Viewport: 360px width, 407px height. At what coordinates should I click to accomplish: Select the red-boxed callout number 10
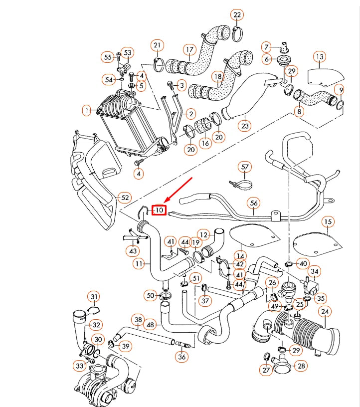point(159,210)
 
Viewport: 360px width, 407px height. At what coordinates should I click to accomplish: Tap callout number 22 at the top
point(237,15)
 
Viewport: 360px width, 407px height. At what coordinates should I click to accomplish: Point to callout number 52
point(125,198)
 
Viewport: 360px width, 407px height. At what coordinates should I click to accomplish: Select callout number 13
point(320,56)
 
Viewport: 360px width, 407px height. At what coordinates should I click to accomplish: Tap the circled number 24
point(325,312)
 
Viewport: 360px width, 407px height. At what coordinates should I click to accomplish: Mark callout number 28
point(301,366)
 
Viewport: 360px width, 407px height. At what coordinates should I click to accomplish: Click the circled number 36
point(182,357)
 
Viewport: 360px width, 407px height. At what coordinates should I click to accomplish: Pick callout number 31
point(94,297)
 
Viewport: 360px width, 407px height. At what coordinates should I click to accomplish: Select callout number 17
point(189,49)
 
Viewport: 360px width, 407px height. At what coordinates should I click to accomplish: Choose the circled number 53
point(128,52)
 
